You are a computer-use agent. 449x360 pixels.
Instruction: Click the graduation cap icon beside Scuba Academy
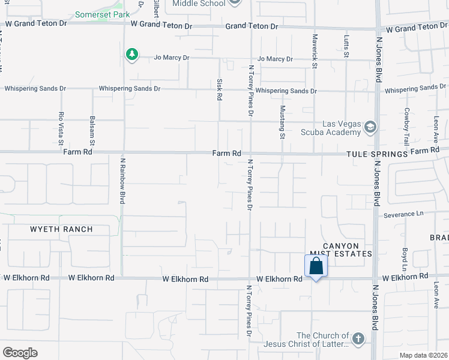[371, 126]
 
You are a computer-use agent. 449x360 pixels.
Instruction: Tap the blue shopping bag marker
[316, 266]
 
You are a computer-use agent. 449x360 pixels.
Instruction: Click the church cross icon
[358, 338]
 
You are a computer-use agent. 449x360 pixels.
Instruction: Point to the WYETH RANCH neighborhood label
[62, 229]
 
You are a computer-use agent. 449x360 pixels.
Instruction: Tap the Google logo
[20, 352]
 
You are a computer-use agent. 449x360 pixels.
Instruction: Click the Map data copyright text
[422, 355]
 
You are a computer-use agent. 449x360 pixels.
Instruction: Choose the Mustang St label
[282, 122]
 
